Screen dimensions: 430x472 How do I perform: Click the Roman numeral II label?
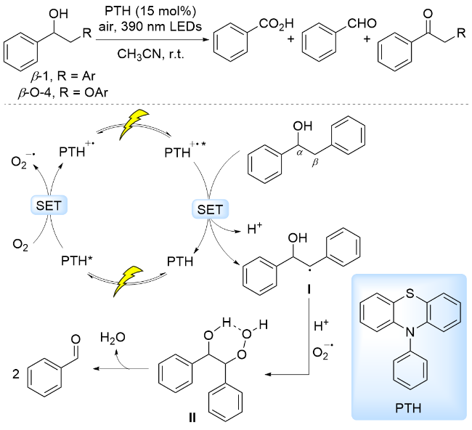click(x=191, y=418)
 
